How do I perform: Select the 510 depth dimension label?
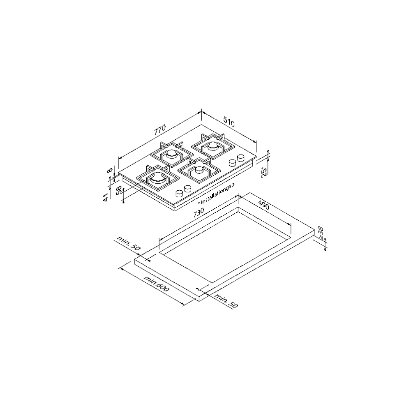pos(228,122)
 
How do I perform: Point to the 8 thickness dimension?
pos(109,170)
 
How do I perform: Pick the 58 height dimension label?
pos(119,192)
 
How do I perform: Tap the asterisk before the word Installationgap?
pos(199,203)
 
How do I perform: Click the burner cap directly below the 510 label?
pos(213,146)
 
